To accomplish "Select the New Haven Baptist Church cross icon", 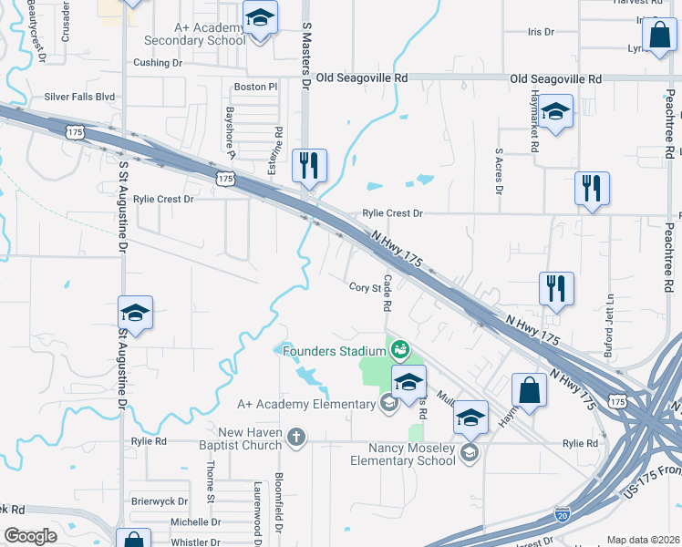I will pyautogui.click(x=295, y=437).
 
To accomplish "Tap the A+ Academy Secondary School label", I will pyautogui.click(x=195, y=34).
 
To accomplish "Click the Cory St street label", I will pyautogui.click(x=364, y=287).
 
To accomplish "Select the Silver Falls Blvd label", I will pyautogui.click(x=80, y=97).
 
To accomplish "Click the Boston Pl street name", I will pyautogui.click(x=255, y=87).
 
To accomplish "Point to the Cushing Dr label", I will pyautogui.click(x=159, y=63).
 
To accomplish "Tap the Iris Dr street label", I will pyautogui.click(x=541, y=32).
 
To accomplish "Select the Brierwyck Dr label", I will pyautogui.click(x=160, y=501).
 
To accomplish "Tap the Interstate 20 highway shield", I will pyautogui.click(x=563, y=516).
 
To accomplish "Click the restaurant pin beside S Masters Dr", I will pyautogui.click(x=309, y=165).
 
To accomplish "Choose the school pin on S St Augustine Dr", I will pyautogui.click(x=135, y=313).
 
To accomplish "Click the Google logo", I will pyautogui.click(x=31, y=536).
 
